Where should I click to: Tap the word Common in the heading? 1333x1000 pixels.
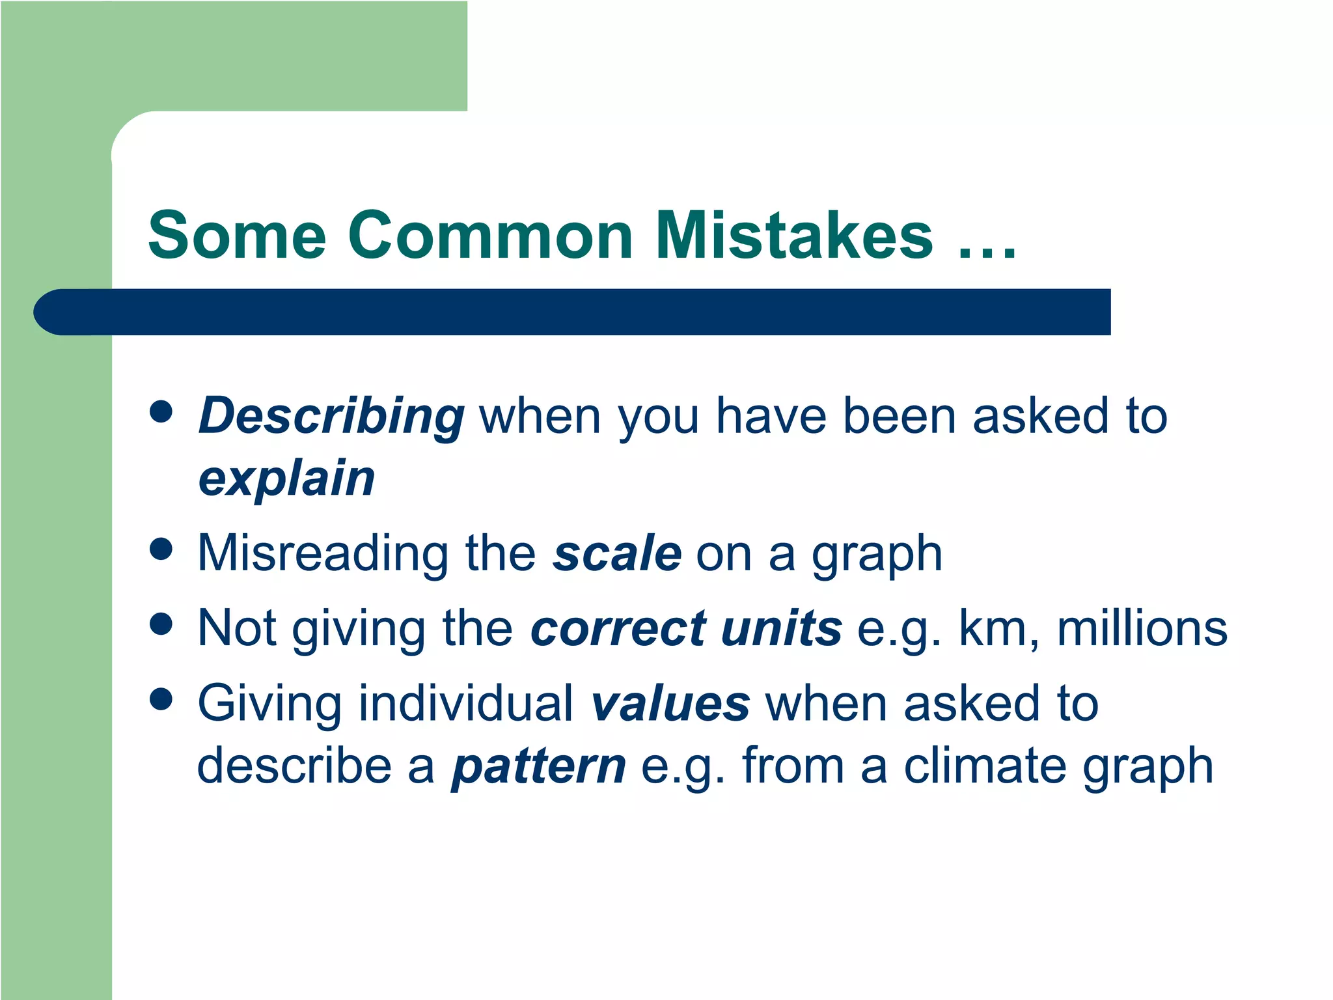pyautogui.click(x=490, y=236)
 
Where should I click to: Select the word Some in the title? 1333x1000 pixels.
pyautogui.click(x=237, y=236)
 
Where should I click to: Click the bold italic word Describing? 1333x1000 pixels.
pyautogui.click(x=331, y=417)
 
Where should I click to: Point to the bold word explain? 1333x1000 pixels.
pyautogui.click(x=286, y=479)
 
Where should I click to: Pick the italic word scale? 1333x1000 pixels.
pyautogui.click(x=617, y=554)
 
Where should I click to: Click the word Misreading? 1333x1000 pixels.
pyautogui.click(x=322, y=554)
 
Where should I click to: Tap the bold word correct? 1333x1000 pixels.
pyautogui.click(x=618, y=629)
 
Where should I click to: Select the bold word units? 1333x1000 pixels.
pyautogui.click(x=782, y=629)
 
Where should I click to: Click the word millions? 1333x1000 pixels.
pyautogui.click(x=1142, y=629)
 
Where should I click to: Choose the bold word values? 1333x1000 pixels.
pyautogui.click(x=670, y=704)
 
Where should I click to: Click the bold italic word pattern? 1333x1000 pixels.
pyautogui.click(x=539, y=766)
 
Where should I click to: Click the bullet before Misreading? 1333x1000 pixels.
pyautogui.click(x=161, y=548)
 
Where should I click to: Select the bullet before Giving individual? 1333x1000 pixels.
pyautogui.click(x=161, y=699)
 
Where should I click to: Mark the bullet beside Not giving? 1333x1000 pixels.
pyautogui.click(x=161, y=623)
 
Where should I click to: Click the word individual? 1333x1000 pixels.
pyautogui.click(x=466, y=704)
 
